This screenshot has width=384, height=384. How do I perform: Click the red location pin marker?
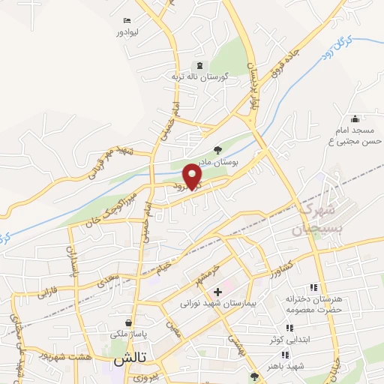193,176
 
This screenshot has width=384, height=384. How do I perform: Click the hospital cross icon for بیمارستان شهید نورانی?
217,292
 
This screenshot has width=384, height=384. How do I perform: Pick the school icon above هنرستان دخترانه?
312,287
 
